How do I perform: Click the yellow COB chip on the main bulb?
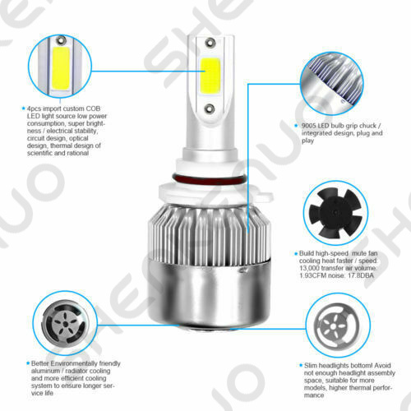click(210, 76)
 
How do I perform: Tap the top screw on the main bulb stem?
click(210, 43)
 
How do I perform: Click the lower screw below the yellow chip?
click(210, 109)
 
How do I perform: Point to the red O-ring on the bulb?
click(208, 179)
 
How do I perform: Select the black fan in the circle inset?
click(335, 213)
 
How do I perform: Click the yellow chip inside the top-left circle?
click(60, 69)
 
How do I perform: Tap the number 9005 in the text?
click(309, 126)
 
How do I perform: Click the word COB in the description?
click(93, 109)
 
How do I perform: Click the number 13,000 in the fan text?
click(309, 268)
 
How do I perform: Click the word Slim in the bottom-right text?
click(311, 366)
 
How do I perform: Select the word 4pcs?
click(34, 109)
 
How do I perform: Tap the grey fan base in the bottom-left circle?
click(65, 324)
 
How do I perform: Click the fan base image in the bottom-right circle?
click(336, 326)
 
